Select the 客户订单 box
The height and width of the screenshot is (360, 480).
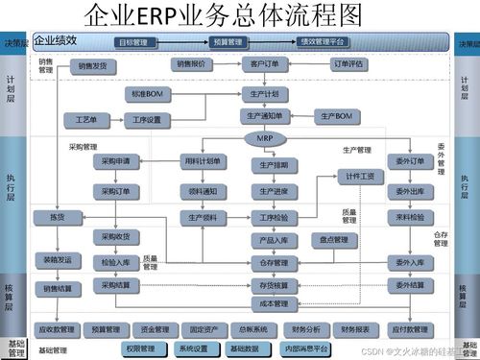tap(266, 65)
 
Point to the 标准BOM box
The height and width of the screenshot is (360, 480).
tap(148, 95)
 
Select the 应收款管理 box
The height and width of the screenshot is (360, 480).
tap(55, 328)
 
